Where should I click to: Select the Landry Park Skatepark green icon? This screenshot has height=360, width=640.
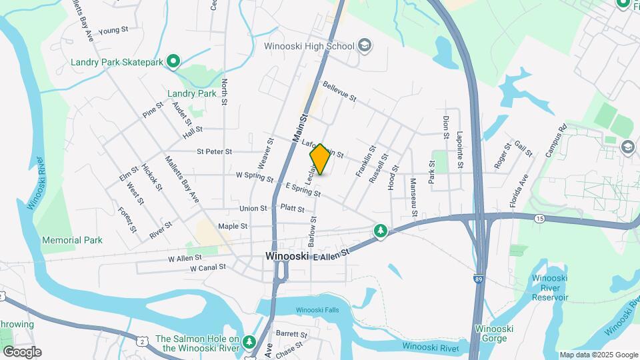click(173, 63)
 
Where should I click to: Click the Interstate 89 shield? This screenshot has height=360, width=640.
click(479, 279)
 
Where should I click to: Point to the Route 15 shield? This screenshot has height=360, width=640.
click(539, 219)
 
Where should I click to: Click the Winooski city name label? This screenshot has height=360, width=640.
click(287, 256)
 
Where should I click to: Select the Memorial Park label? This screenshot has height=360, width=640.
click(72, 240)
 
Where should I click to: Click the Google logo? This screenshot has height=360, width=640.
click(21, 352)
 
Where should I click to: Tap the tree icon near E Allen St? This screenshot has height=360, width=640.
click(381, 231)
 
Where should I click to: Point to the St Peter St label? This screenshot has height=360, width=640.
click(214, 152)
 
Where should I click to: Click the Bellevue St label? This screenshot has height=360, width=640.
click(339, 92)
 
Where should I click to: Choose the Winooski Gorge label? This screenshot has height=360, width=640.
click(493, 333)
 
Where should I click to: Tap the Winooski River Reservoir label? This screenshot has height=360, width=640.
click(550, 289)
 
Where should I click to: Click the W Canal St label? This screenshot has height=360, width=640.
click(208, 268)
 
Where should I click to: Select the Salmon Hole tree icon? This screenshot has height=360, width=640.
click(249, 342)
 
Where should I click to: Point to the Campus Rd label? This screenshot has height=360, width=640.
click(555, 140)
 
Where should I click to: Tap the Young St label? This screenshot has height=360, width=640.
click(113, 31)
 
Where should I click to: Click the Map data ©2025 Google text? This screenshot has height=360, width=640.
click(598, 355)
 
